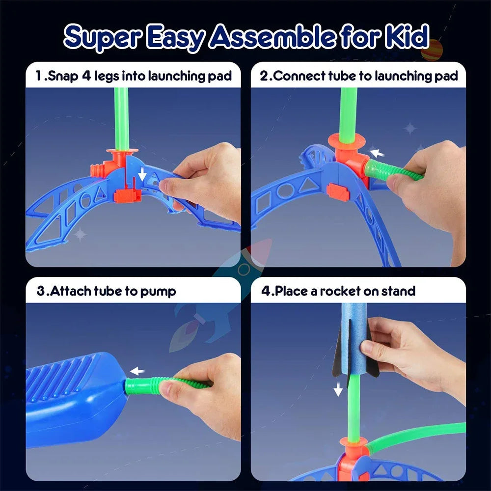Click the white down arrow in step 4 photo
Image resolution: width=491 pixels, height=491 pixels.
coord(338,389)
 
